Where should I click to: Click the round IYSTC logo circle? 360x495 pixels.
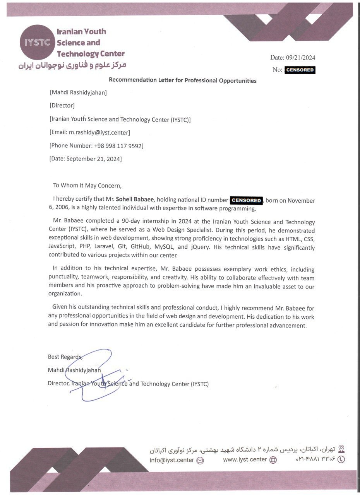click(37, 43)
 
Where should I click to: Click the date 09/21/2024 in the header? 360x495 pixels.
click(301, 58)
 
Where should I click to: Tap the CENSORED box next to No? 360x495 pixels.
click(300, 70)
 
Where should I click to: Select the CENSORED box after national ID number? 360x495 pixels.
click(247, 200)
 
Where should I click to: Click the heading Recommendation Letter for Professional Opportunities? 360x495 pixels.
click(182, 80)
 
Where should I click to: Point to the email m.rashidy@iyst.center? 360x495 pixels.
click(99, 132)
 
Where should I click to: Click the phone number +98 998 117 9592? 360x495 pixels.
click(118, 145)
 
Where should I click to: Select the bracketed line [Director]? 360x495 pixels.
click(62, 105)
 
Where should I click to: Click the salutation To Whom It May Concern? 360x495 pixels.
click(87, 185)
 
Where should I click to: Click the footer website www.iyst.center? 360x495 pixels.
click(245, 459)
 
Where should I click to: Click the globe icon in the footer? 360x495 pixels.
click(273, 460)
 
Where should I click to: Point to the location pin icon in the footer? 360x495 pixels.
click(341, 449)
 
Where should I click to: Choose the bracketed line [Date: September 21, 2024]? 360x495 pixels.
click(86, 159)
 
